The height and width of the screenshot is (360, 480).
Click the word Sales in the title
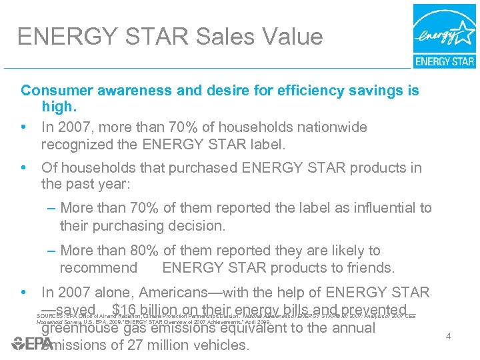[x=224, y=36]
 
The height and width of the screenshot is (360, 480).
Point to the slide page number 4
[x=448, y=335]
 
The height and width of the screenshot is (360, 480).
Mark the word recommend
[x=99, y=268]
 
